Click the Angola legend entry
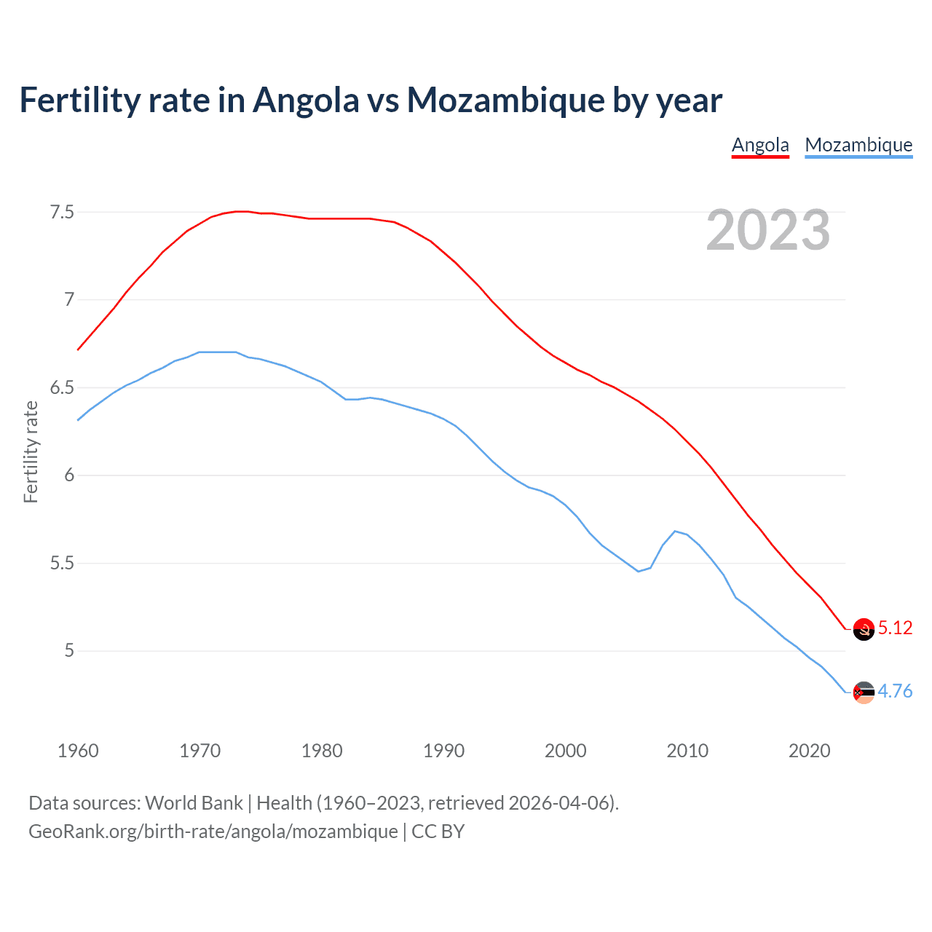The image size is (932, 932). click(760, 145)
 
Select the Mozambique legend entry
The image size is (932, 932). click(858, 145)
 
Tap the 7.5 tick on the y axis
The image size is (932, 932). click(62, 212)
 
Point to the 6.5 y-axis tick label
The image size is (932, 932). click(62, 387)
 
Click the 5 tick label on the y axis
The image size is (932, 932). click(69, 650)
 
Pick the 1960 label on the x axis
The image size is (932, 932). click(78, 751)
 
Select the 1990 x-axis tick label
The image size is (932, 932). click(443, 751)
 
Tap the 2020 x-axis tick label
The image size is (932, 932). click(809, 751)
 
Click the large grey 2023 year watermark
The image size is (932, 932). click(767, 230)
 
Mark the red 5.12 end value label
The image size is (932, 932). click(895, 628)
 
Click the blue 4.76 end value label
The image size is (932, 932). click(895, 691)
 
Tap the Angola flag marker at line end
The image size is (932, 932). click(864, 629)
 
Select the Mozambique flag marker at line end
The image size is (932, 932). click(864, 692)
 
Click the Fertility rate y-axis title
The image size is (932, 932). click(31, 451)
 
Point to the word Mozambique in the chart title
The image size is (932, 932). click(505, 100)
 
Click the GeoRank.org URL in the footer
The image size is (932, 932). click(213, 831)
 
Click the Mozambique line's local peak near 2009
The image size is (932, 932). click(675, 531)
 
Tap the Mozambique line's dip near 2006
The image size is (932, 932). click(639, 572)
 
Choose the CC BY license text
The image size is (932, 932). click(438, 831)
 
